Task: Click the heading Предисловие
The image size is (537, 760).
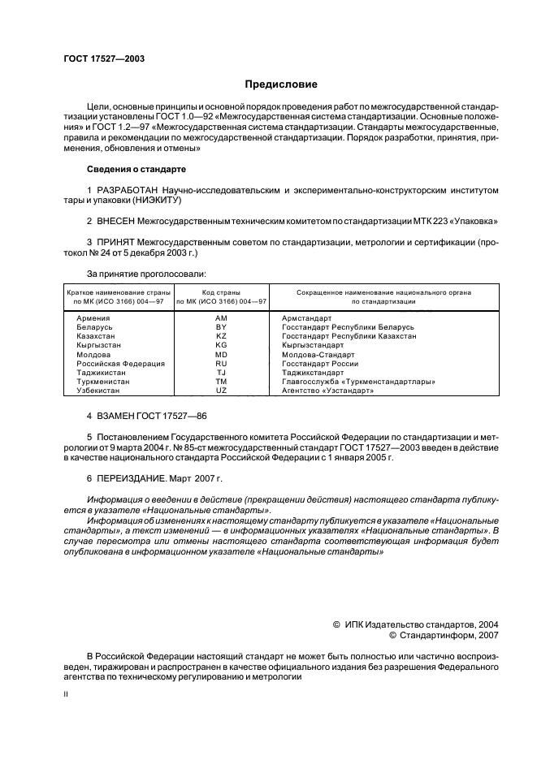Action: pyautogui.click(x=281, y=84)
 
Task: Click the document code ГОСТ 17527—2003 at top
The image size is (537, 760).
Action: pyautogui.click(x=104, y=58)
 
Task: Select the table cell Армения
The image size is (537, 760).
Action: pyautogui.click(x=92, y=319)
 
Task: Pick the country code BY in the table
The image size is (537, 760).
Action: pyautogui.click(x=221, y=327)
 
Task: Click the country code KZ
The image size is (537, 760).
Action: pyautogui.click(x=221, y=336)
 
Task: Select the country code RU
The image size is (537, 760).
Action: pyautogui.click(x=221, y=363)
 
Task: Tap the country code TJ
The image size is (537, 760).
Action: pyautogui.click(x=221, y=372)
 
